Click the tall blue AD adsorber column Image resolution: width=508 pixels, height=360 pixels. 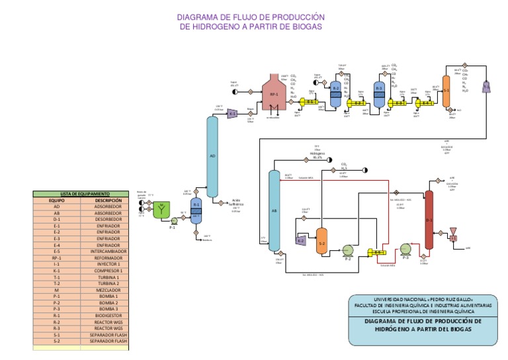coord(212,156)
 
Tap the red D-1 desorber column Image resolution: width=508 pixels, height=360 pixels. coord(429,218)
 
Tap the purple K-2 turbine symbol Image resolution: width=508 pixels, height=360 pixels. coord(300,240)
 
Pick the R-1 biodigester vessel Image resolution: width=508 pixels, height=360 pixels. coord(196,210)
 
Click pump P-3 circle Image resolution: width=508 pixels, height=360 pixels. coord(405,249)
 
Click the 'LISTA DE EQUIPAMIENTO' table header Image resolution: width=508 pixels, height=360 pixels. coord(81,193)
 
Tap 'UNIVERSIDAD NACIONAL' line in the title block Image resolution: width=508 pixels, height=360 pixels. coord(423,298)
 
